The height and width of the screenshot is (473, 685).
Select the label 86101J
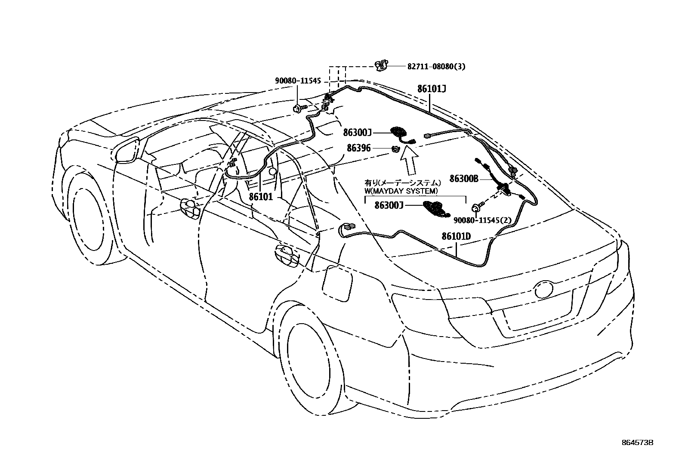click(431, 89)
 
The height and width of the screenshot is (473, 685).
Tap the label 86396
click(358, 148)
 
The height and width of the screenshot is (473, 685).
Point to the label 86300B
click(464, 178)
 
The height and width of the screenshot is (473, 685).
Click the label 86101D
click(456, 236)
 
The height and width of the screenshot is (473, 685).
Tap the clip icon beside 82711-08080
click(381, 65)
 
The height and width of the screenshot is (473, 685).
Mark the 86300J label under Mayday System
click(388, 206)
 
